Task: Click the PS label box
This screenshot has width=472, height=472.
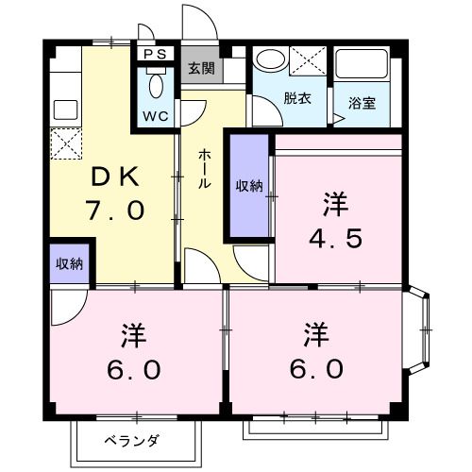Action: pos(155,54)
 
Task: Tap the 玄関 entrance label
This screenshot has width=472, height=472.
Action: pos(202,68)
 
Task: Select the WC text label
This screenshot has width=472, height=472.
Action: pos(156,116)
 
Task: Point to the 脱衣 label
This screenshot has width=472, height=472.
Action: pos(297,98)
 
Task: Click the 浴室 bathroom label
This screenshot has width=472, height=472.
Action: pos(362,103)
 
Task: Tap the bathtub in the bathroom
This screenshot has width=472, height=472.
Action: pos(362,63)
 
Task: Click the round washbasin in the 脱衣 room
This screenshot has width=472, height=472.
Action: pos(271,59)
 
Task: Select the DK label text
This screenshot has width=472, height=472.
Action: pos(115,177)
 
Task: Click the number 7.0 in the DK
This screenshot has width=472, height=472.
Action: pos(115,211)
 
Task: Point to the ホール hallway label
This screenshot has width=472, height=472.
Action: pos(204,169)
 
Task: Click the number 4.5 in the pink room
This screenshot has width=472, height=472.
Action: pos(335,238)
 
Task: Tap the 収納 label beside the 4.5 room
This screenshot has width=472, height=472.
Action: pos(249,186)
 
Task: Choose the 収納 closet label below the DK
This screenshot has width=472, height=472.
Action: pos(69,263)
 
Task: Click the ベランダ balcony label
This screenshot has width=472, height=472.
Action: pos(132,441)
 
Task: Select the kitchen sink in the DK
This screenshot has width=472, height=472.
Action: pos(66,110)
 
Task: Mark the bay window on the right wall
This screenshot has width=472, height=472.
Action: pos(417,329)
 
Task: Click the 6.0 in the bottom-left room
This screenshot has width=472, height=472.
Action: pos(134,370)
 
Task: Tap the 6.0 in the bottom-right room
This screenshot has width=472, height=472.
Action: pos(316,369)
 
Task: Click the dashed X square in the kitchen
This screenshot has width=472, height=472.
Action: pos(66,143)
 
